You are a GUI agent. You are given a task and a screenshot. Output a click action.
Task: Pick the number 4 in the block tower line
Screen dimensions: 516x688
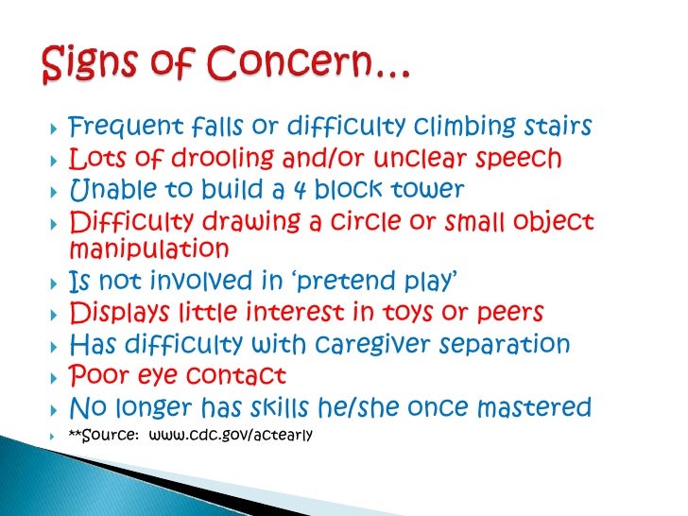pyautogui.click(x=298, y=189)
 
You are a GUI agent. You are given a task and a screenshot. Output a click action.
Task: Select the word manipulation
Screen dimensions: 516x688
pyautogui.click(x=149, y=249)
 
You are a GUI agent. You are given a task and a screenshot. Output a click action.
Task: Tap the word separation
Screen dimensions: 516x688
pyautogui.click(x=509, y=344)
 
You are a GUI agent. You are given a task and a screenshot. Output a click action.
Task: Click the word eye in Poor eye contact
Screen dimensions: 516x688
pyautogui.click(x=162, y=376)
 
